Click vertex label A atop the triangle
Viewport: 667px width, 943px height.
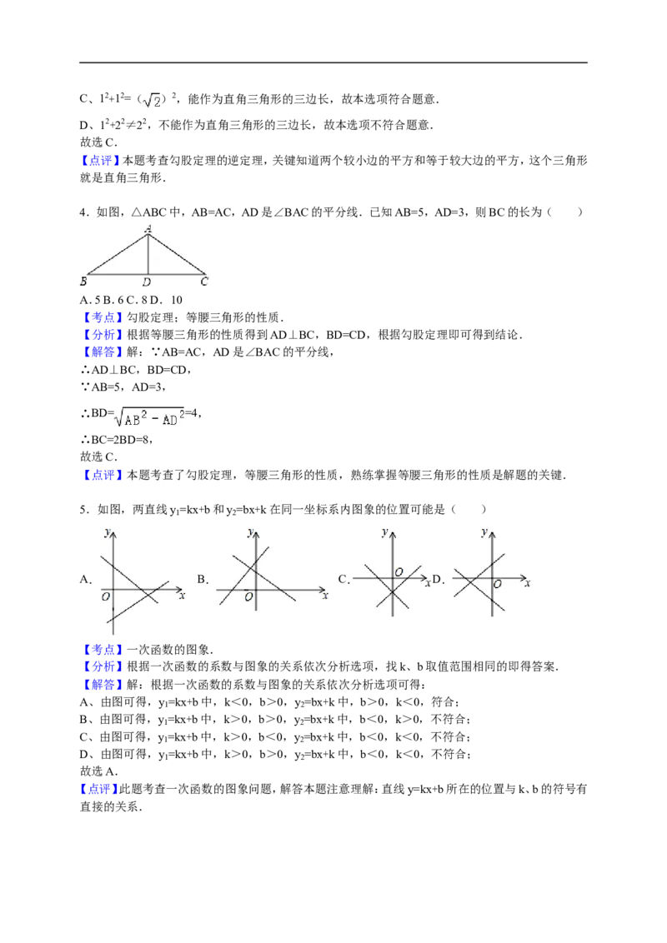pos(148,228)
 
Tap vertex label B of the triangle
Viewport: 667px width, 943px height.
pos(83,281)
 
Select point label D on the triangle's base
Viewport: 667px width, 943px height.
pos(147,282)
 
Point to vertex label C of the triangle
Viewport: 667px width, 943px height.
pos(204,281)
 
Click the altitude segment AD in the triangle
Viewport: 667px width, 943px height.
pos(148,254)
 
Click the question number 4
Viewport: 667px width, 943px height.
pos(84,212)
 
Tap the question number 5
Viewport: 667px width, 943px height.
pos(85,510)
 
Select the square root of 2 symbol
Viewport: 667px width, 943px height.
pos(155,100)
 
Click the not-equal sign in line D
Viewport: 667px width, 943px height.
pos(131,126)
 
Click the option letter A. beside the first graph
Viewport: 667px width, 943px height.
pos(86,579)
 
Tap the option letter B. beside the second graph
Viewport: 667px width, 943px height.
pos(203,579)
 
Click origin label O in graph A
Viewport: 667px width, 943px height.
pos(106,596)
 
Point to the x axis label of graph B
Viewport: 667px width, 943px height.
pos(325,596)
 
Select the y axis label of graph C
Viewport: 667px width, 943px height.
pos(384,531)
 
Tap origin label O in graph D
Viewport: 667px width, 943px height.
pos(497,584)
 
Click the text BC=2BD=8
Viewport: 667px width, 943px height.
pos(116,440)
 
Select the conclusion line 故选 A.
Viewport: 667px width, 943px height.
pos(99,771)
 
